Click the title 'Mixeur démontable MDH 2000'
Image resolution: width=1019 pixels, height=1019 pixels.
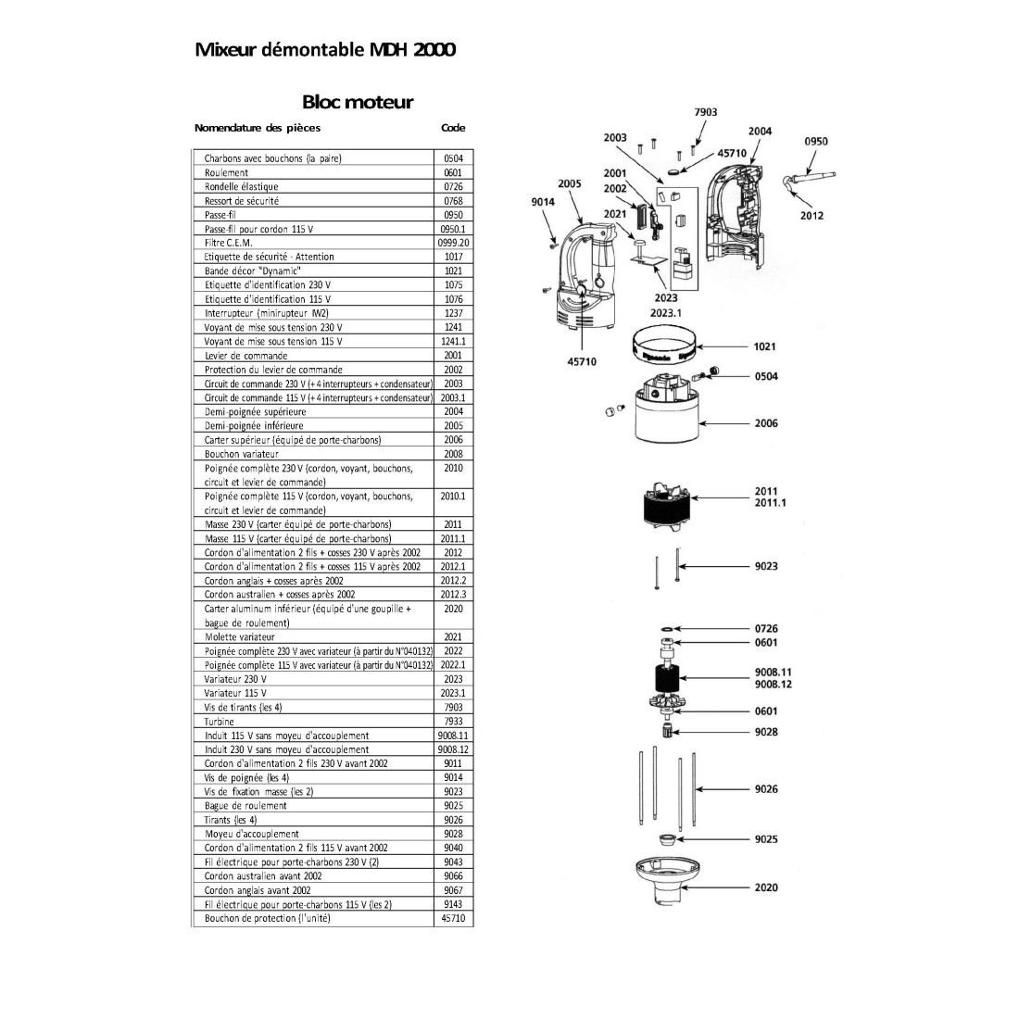pos(324,49)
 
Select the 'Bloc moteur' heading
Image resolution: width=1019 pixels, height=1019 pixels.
pos(358,102)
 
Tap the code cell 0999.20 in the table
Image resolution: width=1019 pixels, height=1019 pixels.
pos(453,243)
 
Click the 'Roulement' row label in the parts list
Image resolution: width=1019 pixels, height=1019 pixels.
pos(226,172)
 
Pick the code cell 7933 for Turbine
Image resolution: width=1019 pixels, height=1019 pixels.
pos(453,721)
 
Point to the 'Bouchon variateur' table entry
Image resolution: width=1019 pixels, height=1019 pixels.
pos(242,454)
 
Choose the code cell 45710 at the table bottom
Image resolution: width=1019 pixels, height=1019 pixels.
pos(453,918)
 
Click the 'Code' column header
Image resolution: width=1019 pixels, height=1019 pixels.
pos(453,128)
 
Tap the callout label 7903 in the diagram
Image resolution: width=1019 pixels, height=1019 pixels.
pos(705,112)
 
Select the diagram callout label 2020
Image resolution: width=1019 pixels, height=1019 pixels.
pos(766,887)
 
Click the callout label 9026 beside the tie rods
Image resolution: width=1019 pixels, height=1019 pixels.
pos(766,789)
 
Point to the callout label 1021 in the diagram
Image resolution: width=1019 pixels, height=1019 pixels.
pos(765,346)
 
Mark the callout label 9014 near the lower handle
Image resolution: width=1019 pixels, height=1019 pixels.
pos(543,202)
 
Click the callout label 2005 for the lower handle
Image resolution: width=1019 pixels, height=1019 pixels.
pos(569,183)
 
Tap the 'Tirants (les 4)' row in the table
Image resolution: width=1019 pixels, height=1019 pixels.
pos(231,820)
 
